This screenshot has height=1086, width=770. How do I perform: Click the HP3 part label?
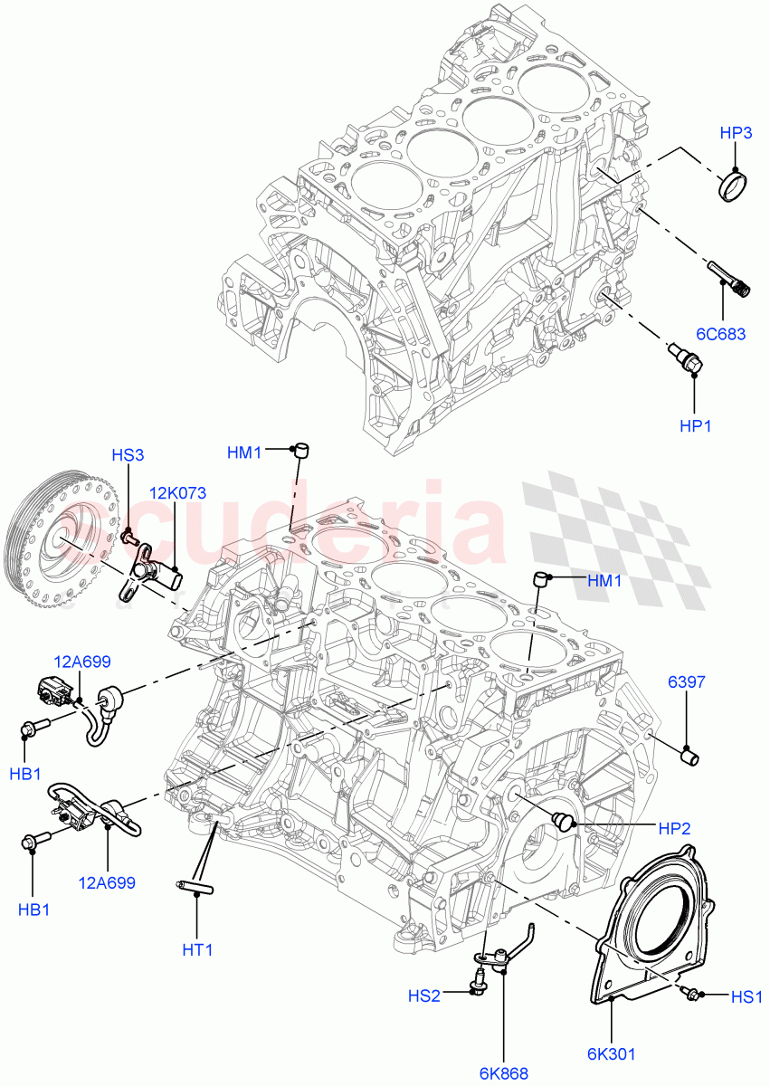pyautogui.click(x=736, y=133)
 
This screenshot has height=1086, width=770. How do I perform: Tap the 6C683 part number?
pyautogui.click(x=721, y=334)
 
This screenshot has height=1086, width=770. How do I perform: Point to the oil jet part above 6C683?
pyautogui.click(x=727, y=279)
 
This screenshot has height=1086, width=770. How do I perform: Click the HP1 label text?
pyautogui.click(x=694, y=424)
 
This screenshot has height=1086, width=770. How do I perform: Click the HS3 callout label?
pyautogui.click(x=128, y=455)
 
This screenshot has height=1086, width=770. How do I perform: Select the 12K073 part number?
pyautogui.click(x=178, y=493)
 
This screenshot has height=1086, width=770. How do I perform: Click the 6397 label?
pyautogui.click(x=686, y=681)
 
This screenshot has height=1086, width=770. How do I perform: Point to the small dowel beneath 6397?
pyautogui.click(x=691, y=754)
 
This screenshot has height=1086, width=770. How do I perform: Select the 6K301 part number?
pyautogui.click(x=612, y=1053)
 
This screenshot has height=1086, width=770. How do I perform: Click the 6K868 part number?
pyautogui.click(x=503, y=1073)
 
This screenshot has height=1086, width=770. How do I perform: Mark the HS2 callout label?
pyautogui.click(x=423, y=996)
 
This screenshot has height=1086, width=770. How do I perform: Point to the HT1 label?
pyautogui.click(x=197, y=950)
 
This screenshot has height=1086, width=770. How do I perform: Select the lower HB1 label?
pyautogui.click(x=33, y=910)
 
